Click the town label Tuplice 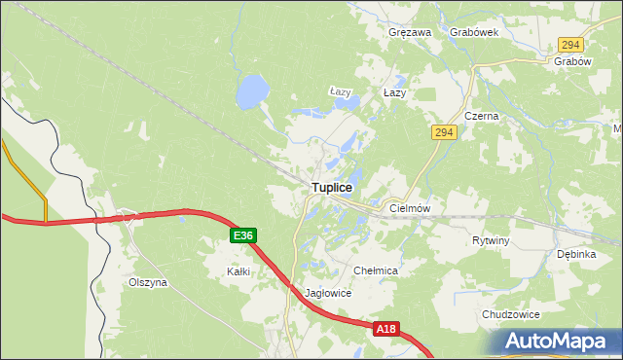pyautogui.click(x=332, y=187)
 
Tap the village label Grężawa pyautogui.click(x=410, y=32)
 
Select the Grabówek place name pyautogui.click(x=474, y=32)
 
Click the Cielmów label pyautogui.click(x=410, y=208)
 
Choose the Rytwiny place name pyautogui.click(x=491, y=240)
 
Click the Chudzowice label pyautogui.click(x=510, y=314)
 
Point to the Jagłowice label pyautogui.click(x=327, y=293)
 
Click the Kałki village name pyautogui.click(x=238, y=271)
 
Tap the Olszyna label pyautogui.click(x=148, y=282)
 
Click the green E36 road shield pyautogui.click(x=244, y=235)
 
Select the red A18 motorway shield pyautogui.click(x=385, y=330)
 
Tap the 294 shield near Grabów pyautogui.click(x=570, y=45)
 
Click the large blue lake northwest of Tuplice pyautogui.click(x=251, y=93)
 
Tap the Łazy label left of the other pyautogui.click(x=339, y=92)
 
